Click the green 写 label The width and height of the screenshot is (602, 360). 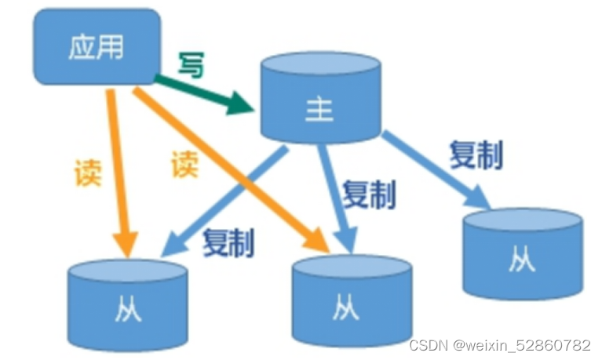pos(190,64)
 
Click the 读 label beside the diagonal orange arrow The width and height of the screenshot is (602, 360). pos(184,164)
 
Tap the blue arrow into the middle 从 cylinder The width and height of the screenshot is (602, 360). pos(334,196)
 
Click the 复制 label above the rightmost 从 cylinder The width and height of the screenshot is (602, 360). pos(476,155)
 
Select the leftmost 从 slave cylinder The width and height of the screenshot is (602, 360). pos(127,302)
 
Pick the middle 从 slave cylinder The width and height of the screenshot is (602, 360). pos(352,302)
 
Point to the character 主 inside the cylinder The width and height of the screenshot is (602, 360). pos(319,111)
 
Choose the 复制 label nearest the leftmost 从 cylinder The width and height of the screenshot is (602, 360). pos(228,244)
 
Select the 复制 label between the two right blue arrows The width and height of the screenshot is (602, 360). pos(369,193)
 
